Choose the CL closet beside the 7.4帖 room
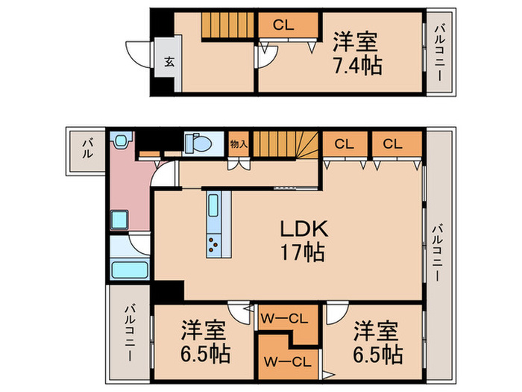(283, 25)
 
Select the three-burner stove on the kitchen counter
(214, 243)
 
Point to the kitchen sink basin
(214, 205)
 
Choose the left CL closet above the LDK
(343, 144)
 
